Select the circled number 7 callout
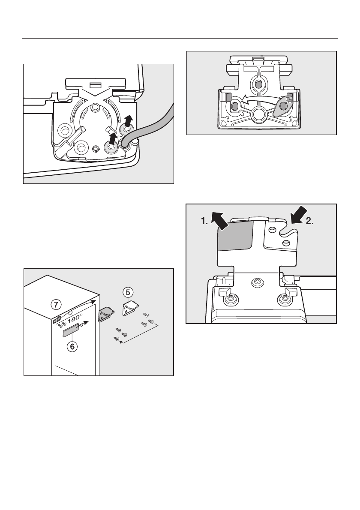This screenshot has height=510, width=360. (x=57, y=304)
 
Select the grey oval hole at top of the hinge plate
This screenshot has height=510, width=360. (x=258, y=84)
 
